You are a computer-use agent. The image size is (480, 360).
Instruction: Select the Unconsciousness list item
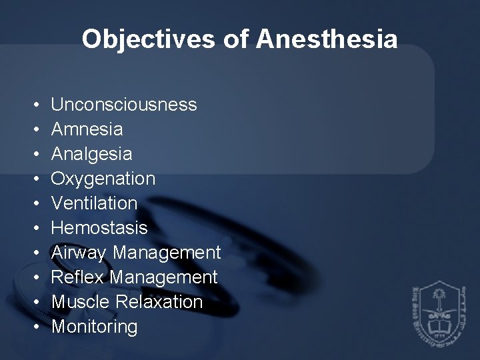pos(123,105)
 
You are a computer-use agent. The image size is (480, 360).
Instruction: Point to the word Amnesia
pos(87,129)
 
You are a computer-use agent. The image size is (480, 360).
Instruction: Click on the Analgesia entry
pos(91,154)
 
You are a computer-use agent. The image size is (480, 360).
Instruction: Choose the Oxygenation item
pos(103,179)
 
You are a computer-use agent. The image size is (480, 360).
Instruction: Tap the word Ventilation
pos(94,203)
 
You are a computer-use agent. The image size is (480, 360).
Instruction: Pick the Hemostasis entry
pos(99,228)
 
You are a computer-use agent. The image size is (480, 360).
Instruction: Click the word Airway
pos(80,253)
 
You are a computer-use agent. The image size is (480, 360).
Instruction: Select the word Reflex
pos(78,277)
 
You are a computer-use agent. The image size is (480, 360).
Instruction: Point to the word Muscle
pos(81,302)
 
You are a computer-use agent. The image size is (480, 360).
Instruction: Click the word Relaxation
pos(159,302)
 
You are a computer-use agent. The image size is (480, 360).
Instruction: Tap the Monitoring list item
pos(95,327)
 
